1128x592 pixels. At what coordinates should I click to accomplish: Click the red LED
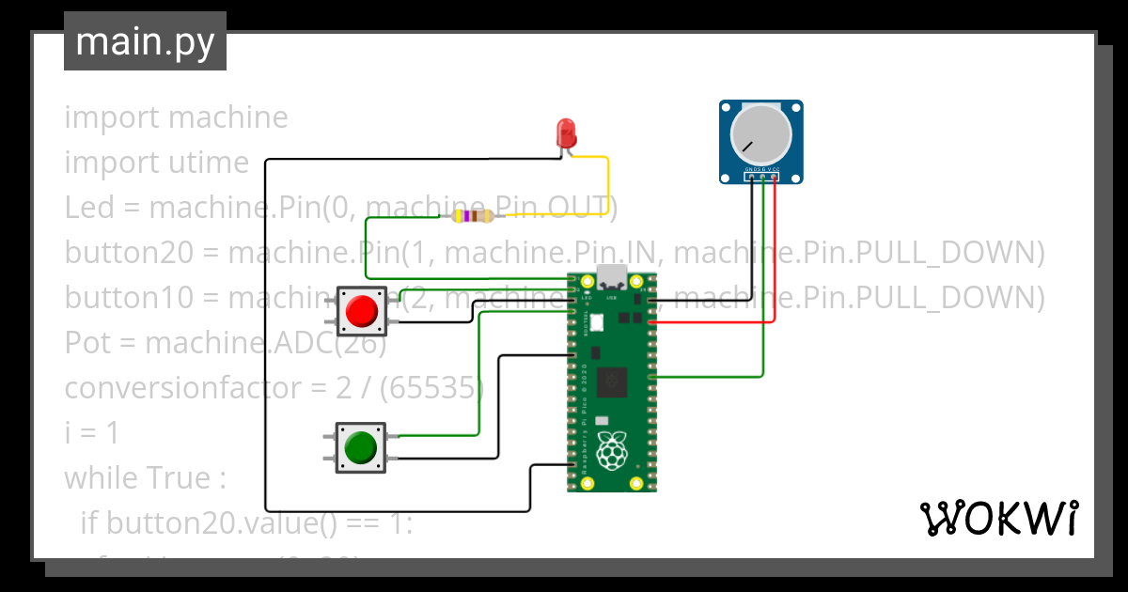tap(565, 132)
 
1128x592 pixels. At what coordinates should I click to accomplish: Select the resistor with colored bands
tap(473, 217)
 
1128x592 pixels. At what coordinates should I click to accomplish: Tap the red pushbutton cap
tap(361, 311)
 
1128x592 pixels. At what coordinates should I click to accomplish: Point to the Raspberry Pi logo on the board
tap(613, 452)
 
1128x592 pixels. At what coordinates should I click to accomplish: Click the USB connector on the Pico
tap(612, 279)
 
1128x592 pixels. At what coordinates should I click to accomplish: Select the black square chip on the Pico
tap(613, 382)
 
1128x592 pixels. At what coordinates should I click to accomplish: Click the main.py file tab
tap(145, 42)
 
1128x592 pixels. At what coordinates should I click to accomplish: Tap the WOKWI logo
tap(998, 518)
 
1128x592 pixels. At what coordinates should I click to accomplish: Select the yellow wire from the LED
tap(608, 183)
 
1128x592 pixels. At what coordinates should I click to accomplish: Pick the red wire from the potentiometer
tap(774, 254)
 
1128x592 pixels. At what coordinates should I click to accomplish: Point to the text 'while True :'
tap(145, 478)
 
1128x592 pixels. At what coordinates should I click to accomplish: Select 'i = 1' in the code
tap(91, 433)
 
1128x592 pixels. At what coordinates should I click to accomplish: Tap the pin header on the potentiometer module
tap(761, 176)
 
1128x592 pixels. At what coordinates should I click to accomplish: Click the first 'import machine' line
tap(176, 117)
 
